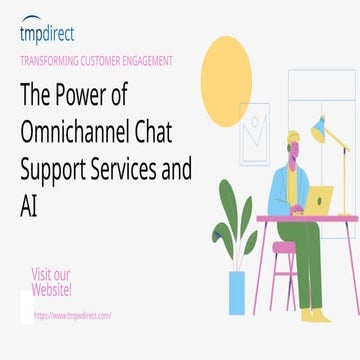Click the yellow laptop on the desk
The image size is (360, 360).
click(x=318, y=201)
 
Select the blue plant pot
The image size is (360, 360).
click(x=238, y=291)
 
